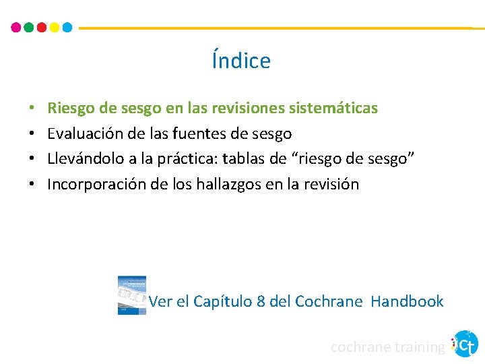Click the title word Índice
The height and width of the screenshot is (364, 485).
point(241,61)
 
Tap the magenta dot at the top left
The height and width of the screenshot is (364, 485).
point(16,28)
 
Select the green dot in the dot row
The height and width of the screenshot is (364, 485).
point(28,28)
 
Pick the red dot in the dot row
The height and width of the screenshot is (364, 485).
point(41,28)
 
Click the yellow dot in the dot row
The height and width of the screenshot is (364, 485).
point(54,28)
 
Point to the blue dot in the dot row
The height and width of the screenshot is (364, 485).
point(67,28)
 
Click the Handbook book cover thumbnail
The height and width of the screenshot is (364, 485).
point(132,295)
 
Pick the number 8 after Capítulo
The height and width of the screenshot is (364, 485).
point(261,301)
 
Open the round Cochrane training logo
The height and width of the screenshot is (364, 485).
point(465,344)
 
